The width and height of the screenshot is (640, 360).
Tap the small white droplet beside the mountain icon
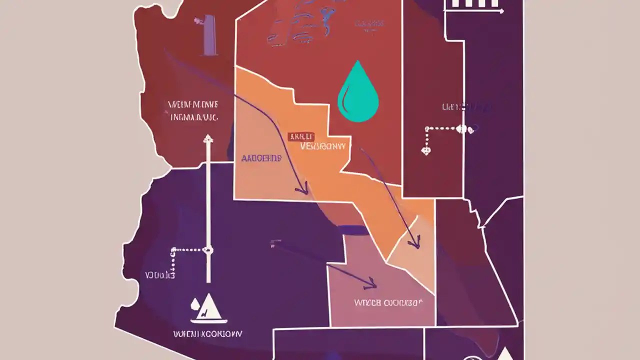point(195,303)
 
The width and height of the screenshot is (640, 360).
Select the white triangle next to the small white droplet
point(209,307)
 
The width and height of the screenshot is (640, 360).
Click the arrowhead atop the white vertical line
point(208,138)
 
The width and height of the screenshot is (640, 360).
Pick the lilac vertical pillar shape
point(210,34)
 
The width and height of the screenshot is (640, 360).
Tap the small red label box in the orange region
point(301,136)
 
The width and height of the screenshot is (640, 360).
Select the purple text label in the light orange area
point(261,158)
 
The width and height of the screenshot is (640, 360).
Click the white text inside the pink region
point(387,302)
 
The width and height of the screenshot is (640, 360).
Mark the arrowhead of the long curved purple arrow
point(302,190)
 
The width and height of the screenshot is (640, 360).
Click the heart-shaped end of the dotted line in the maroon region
point(426,149)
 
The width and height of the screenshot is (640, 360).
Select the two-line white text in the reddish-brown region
point(193,111)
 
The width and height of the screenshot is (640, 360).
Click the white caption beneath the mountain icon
point(207,333)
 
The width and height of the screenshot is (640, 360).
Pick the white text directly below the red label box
point(323,146)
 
